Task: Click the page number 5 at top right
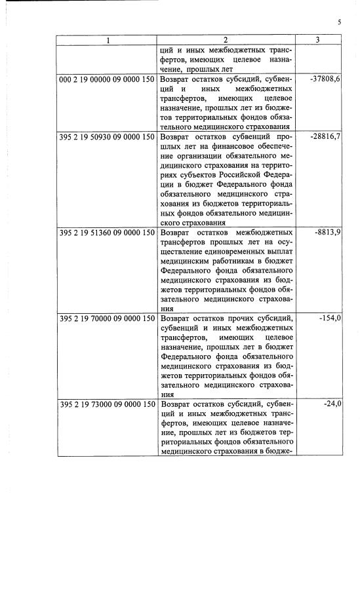[339, 22]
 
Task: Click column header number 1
[108, 40]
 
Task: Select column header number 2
[227, 40]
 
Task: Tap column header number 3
[317, 40]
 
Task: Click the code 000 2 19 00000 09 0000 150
[107, 78]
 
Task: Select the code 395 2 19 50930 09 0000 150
[107, 137]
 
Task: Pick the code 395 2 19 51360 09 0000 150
[107, 233]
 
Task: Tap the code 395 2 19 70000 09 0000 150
[107, 318]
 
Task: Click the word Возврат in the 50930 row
[178, 137]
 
